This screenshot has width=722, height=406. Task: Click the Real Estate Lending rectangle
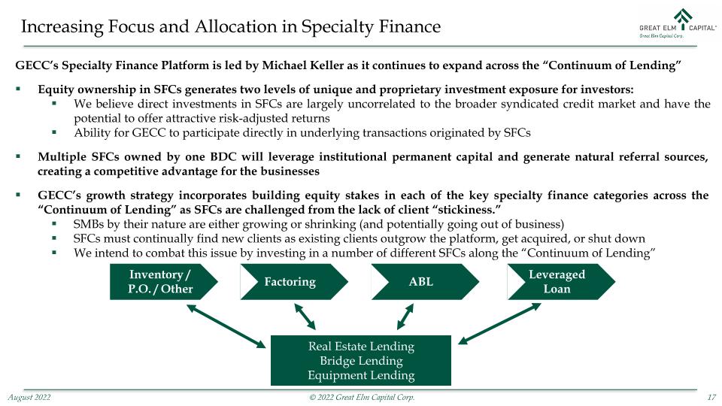tap(360, 360)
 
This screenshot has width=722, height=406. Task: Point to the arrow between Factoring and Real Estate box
tap(305, 317)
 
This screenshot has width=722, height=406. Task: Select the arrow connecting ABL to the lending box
tap(405, 317)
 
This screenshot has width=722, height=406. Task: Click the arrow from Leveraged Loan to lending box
tap(499, 323)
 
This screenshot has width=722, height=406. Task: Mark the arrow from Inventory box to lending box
tap(226, 326)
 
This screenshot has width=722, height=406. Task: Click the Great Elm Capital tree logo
tap(684, 17)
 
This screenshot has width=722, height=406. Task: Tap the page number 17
tap(711, 397)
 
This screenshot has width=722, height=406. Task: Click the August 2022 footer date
tap(29, 397)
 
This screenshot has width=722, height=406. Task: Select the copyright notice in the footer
tap(362, 397)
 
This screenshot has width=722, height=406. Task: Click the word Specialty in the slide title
tap(338, 27)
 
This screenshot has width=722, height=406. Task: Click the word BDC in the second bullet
tap(223, 157)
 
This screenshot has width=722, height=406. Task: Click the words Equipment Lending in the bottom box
tap(361, 375)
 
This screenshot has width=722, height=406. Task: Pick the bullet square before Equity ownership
tap(18, 89)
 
